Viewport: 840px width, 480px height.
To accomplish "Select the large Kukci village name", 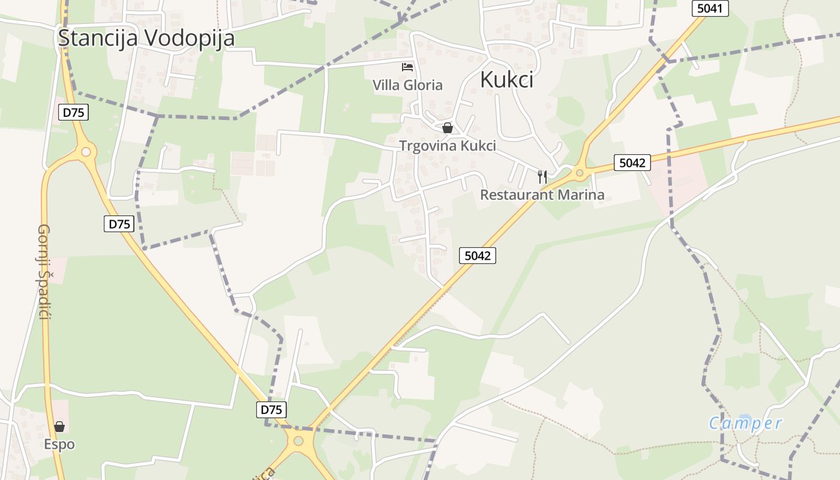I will click(x=506, y=80).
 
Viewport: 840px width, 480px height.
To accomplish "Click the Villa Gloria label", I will click(x=407, y=85).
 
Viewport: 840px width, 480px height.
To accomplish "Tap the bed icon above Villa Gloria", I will click(x=407, y=67).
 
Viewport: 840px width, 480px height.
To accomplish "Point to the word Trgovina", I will click(x=427, y=146).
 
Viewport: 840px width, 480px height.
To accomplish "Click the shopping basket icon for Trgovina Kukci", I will click(x=447, y=128).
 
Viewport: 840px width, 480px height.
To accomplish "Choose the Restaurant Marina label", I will click(x=542, y=194).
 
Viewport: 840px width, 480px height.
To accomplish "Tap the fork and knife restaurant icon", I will click(x=542, y=176).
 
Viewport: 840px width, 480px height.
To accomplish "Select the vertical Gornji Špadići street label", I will click(x=43, y=271).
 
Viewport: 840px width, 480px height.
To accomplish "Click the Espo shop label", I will click(x=59, y=445).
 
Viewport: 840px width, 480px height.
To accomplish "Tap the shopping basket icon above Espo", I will click(x=59, y=427).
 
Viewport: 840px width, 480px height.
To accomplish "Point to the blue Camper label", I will click(x=745, y=424).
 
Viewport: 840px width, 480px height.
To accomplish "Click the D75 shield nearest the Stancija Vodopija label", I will click(x=74, y=112).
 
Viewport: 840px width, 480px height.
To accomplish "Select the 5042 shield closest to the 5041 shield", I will click(x=632, y=163).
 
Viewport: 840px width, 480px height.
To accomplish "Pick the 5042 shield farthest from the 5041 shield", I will click(x=478, y=256).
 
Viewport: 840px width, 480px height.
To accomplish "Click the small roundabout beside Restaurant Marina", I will click(x=580, y=173).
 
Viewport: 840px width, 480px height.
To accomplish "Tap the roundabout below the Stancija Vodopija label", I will click(x=86, y=152).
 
